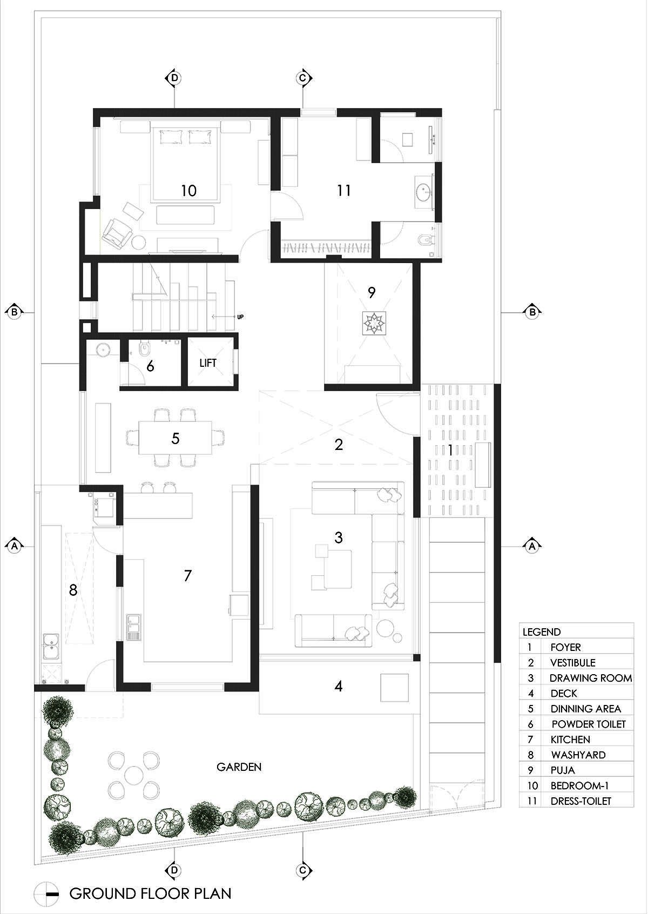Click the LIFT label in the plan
click(208, 363)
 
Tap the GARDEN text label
click(239, 767)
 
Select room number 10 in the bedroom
click(189, 191)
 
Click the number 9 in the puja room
click(372, 292)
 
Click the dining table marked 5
click(175, 438)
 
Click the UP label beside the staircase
click(240, 317)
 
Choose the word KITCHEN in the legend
click(570, 740)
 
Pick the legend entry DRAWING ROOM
click(591, 678)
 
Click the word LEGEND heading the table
click(542, 632)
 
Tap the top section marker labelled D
click(174, 78)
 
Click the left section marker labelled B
click(15, 313)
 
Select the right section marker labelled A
click(532, 546)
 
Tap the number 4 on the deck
click(339, 687)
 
